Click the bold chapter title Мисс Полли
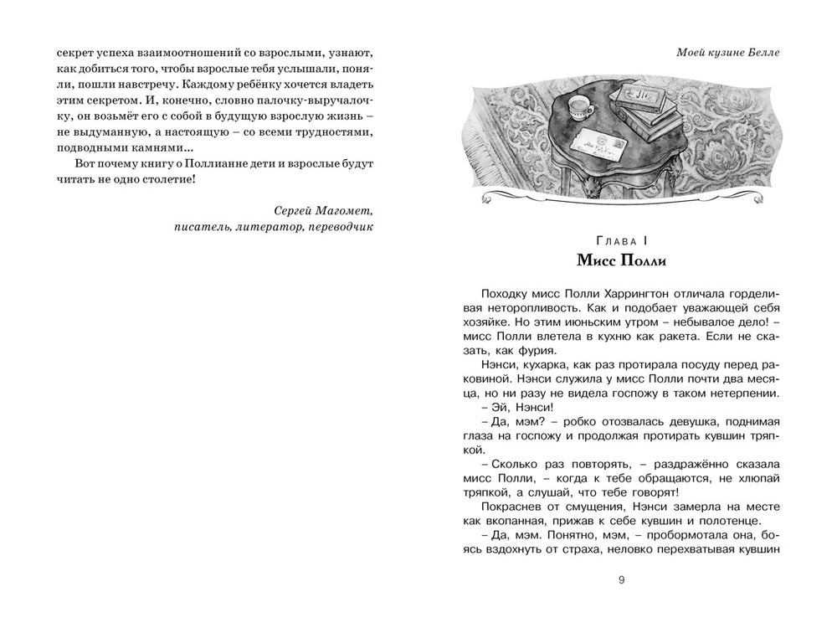click(x=620, y=260)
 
